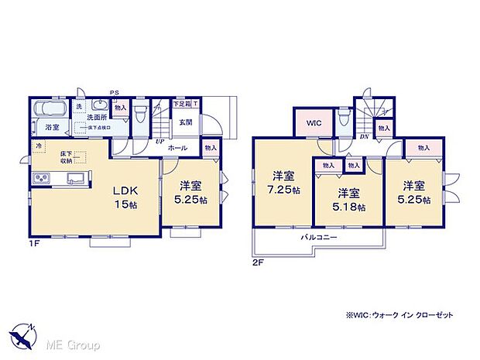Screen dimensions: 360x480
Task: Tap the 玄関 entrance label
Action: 186,122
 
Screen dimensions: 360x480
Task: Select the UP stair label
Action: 159,142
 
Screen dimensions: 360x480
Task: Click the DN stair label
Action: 363,137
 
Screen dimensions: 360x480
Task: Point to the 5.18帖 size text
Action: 349,207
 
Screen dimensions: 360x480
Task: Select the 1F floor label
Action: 33,244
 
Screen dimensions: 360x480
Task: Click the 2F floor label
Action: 258,262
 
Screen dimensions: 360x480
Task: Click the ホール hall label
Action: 177,146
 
